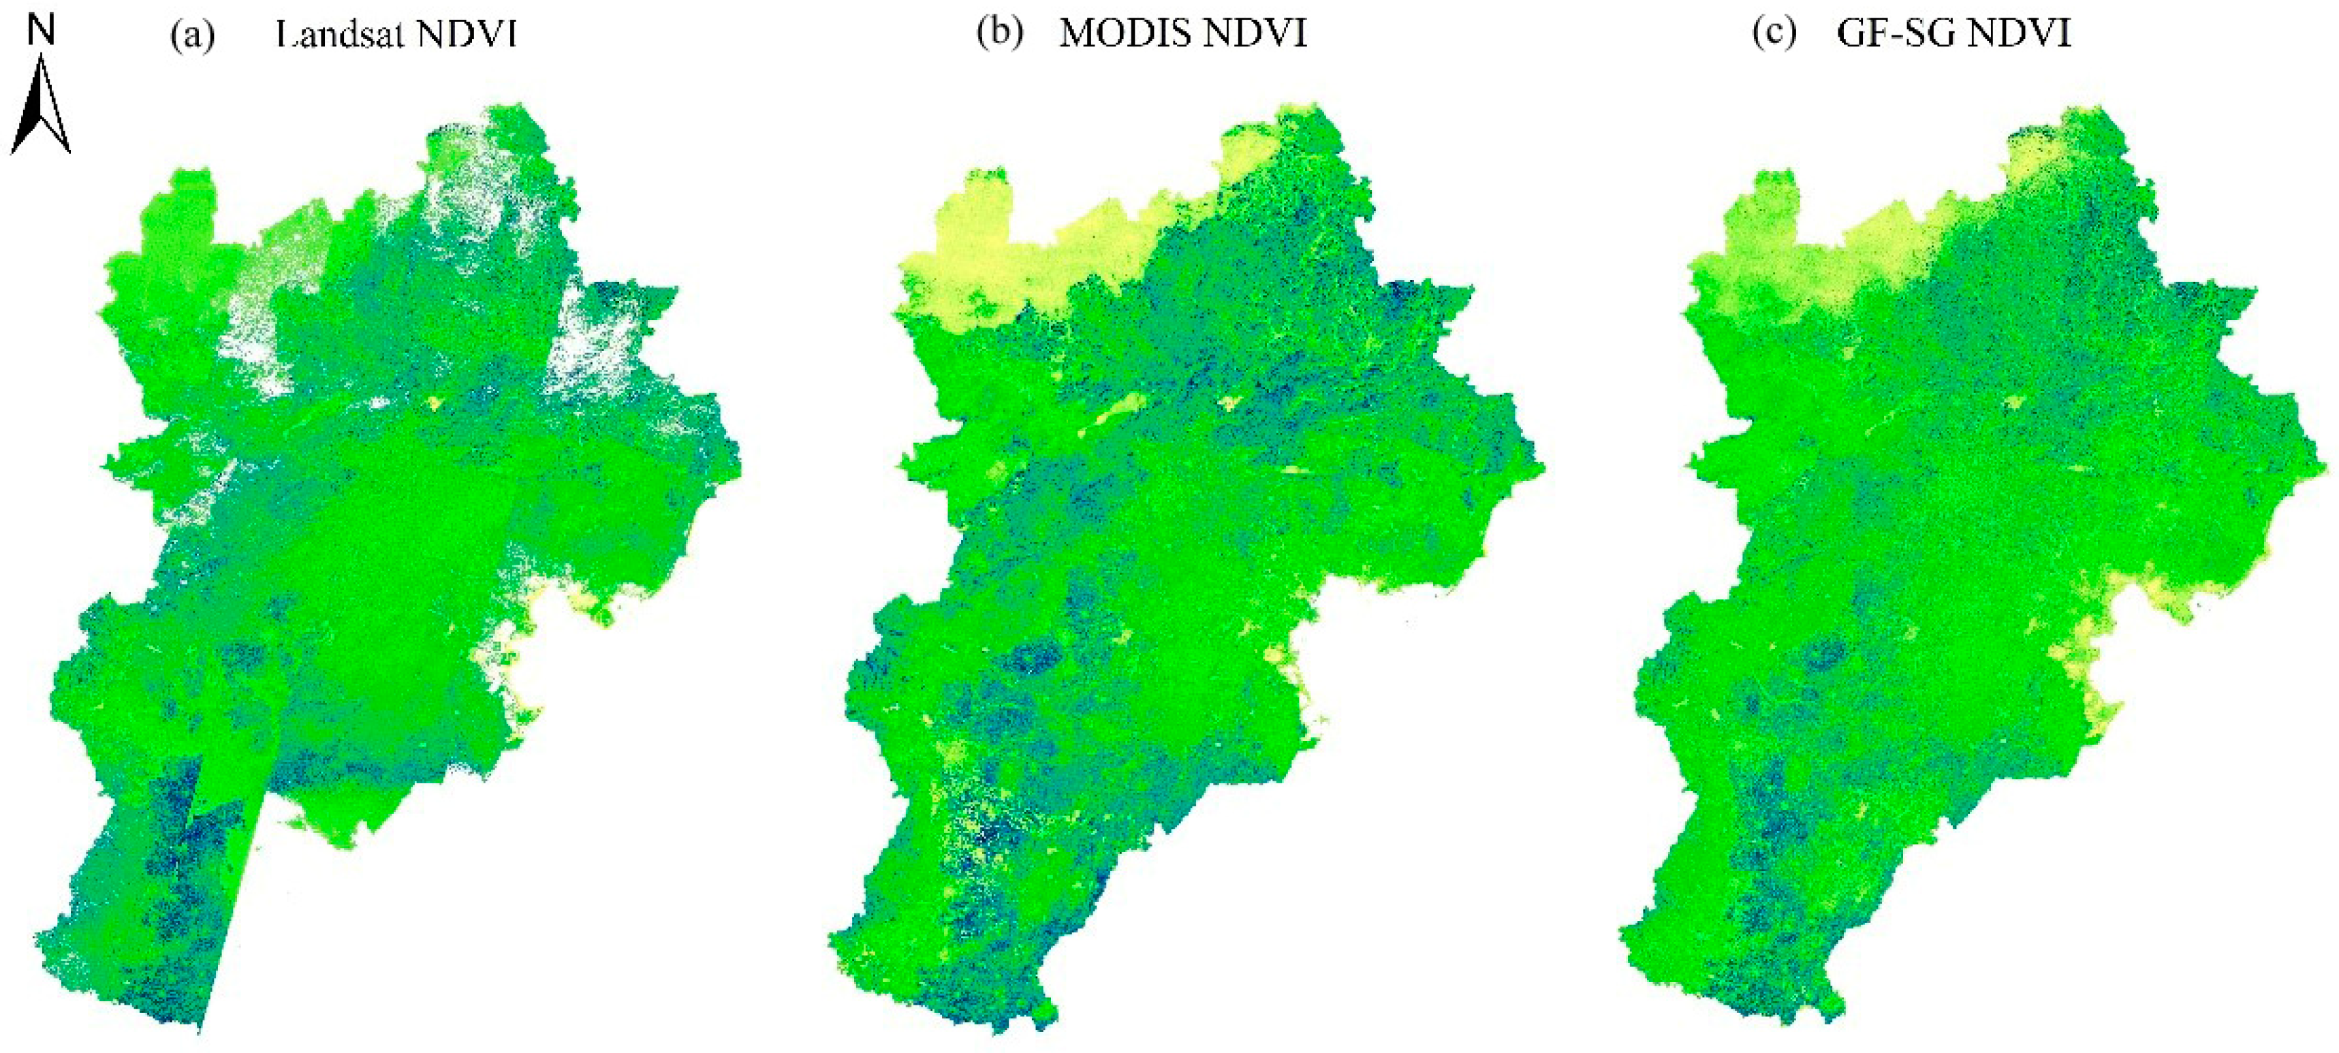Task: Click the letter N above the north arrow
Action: coord(42,29)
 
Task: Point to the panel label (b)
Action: coord(1000,33)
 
